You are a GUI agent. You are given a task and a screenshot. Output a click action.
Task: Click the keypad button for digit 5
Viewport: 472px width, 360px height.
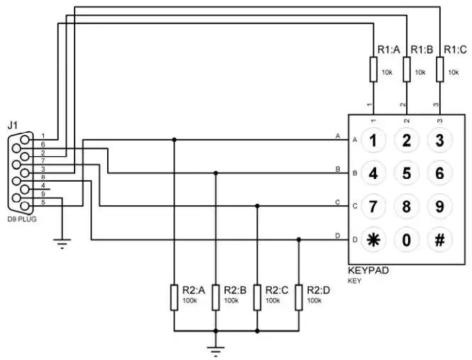click(407, 173)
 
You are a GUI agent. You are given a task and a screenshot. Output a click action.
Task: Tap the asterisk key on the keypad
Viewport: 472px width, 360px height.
click(373, 240)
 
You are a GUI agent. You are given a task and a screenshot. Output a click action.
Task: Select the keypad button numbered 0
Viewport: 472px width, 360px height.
click(407, 240)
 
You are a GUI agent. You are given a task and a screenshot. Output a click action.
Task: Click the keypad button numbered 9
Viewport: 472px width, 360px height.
click(440, 207)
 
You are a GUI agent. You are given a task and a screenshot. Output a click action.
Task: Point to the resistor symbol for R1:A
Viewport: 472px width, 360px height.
click(373, 69)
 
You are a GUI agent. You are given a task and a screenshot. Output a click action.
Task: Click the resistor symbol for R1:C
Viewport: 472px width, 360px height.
click(440, 69)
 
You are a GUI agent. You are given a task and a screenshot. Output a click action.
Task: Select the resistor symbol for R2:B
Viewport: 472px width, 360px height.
click(216, 298)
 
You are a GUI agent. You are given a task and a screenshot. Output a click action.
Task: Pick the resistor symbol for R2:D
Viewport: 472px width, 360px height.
click(299, 298)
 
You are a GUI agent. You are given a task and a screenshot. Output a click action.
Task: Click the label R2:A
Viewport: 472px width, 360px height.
click(194, 290)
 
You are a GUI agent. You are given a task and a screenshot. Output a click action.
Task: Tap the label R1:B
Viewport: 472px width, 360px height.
click(422, 50)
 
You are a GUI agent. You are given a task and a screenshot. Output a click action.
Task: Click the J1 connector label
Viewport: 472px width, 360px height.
click(12, 125)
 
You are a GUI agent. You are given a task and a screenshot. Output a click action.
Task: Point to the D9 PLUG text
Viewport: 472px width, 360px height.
click(22, 219)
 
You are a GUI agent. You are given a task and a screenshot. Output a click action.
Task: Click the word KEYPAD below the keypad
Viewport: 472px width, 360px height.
click(368, 271)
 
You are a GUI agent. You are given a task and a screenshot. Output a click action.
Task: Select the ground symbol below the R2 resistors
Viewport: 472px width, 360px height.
click(216, 351)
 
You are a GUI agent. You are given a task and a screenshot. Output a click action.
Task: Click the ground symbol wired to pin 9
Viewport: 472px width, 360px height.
click(62, 244)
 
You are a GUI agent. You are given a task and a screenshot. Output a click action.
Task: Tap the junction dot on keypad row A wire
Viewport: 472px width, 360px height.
click(174, 140)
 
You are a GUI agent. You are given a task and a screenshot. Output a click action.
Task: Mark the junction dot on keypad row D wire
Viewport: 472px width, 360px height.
click(299, 240)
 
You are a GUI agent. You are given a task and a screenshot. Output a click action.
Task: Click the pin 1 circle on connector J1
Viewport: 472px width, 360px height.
click(26, 140)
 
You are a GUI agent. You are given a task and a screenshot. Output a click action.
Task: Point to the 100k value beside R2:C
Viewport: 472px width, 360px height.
click(273, 300)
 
